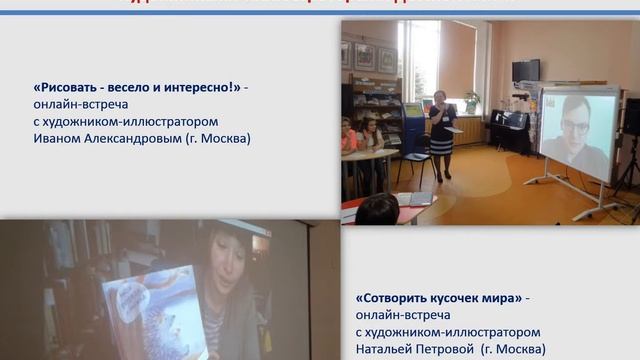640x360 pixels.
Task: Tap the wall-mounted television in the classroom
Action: tap(525, 70)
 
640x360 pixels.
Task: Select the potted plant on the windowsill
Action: tap(471, 100)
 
